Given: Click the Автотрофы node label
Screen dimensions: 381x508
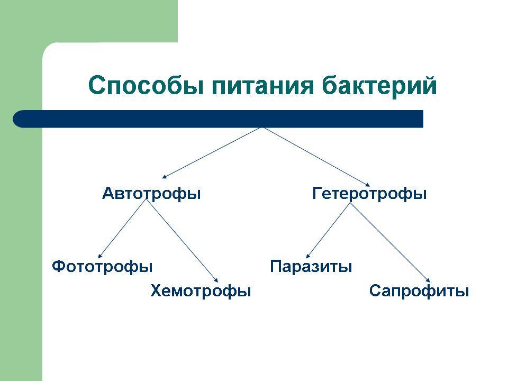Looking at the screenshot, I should (x=151, y=194).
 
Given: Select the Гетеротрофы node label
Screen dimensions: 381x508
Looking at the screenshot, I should (x=369, y=194).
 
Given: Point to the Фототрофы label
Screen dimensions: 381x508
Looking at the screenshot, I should (x=102, y=266).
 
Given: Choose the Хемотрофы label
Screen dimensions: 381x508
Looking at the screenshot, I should (x=201, y=291).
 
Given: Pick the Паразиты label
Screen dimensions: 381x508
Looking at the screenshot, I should (x=311, y=266).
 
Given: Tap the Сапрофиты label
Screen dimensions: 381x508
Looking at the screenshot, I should (x=419, y=291).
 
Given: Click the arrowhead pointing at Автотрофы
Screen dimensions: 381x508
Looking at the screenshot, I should (x=165, y=177).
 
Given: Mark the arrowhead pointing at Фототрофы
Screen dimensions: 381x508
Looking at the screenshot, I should (x=100, y=256).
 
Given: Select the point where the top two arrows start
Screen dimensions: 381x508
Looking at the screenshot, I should (x=262, y=128).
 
